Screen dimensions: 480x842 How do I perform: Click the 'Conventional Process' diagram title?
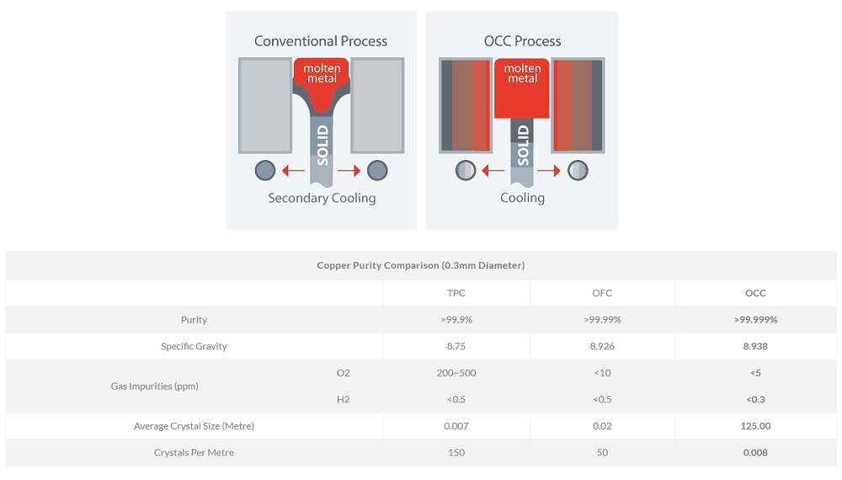pos(321,41)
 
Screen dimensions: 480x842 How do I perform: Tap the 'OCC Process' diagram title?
pos(522,41)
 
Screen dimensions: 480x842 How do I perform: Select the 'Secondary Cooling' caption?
pos(322,199)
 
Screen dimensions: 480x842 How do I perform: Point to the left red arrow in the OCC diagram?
pos(493,171)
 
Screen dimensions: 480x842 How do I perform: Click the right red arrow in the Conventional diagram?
pos(349,171)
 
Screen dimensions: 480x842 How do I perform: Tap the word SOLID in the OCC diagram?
pos(523,145)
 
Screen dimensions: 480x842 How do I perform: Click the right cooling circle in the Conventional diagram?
pos(377,171)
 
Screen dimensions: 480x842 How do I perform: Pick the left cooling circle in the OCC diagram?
pos(466,171)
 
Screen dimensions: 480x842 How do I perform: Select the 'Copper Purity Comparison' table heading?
pos(421,265)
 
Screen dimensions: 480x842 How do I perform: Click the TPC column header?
pos(456,293)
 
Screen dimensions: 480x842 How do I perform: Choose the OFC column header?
pos(602,293)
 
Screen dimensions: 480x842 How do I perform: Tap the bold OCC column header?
pos(755,293)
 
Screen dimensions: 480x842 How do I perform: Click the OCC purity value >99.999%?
pos(755,320)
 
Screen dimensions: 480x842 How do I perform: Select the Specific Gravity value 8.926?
pos(602,346)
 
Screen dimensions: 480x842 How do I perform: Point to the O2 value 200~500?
pos(456,372)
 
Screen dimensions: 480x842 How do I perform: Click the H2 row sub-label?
pos(342,399)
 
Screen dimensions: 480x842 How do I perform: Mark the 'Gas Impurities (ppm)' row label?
pos(154,386)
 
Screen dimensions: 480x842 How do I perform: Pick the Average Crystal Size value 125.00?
pos(755,426)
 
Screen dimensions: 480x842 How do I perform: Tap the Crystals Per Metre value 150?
pos(456,452)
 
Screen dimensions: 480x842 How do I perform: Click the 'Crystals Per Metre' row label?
pos(194,452)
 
